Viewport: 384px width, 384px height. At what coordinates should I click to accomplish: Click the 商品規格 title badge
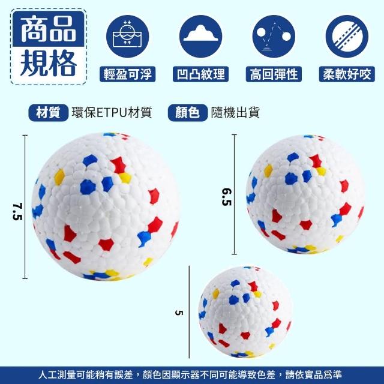(x=48, y=47)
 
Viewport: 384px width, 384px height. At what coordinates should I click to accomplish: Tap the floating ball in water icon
(x=127, y=36)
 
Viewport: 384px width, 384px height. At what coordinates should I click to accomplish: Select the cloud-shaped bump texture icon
(x=200, y=36)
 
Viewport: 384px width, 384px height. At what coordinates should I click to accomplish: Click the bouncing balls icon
(x=274, y=36)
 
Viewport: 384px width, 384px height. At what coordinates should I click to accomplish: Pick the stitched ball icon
(x=347, y=36)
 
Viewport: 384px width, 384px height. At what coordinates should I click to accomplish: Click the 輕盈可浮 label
(x=127, y=74)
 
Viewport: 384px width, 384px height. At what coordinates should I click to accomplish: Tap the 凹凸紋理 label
(x=200, y=74)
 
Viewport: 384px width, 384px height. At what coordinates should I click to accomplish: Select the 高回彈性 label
(x=274, y=74)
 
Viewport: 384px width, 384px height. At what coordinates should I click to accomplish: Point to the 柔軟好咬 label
(x=347, y=74)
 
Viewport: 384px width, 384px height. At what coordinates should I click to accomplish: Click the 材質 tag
(x=48, y=113)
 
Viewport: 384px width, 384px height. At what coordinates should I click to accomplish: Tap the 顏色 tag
(x=188, y=113)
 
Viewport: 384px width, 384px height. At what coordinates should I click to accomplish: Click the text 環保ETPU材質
(x=112, y=113)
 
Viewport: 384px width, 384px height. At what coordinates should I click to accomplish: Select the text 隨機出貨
(x=235, y=113)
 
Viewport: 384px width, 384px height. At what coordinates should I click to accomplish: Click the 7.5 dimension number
(x=17, y=211)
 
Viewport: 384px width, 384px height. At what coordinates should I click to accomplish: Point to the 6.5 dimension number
(x=227, y=197)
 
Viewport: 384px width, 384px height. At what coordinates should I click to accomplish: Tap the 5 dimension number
(x=179, y=313)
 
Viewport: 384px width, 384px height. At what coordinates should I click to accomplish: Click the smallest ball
(x=245, y=312)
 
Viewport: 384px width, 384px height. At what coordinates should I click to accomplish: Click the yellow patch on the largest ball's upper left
(x=59, y=177)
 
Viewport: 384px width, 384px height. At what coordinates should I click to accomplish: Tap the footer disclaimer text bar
(x=192, y=375)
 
